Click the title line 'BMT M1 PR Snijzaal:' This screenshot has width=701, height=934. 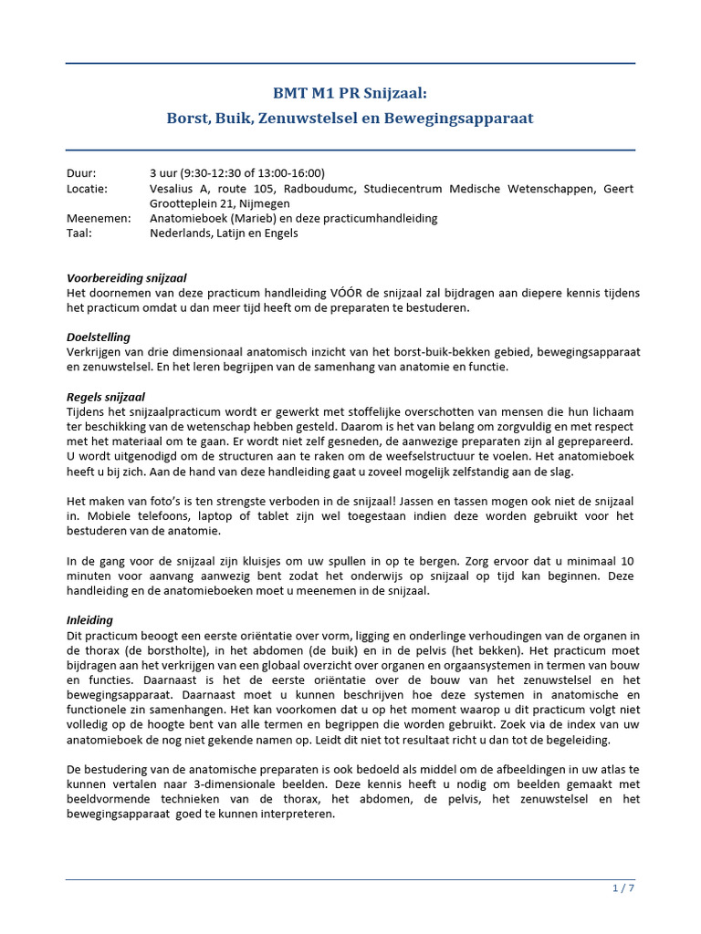coord(350,92)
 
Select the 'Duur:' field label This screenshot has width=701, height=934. coord(81,173)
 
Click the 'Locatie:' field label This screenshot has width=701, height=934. coord(87,189)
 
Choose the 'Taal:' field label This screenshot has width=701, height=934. coord(79,233)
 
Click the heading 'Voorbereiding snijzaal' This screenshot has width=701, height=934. coord(127,278)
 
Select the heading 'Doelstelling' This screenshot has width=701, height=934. coord(99,337)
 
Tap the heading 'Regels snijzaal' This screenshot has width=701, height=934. coord(107,397)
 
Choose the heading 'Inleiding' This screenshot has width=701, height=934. coord(90,619)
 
